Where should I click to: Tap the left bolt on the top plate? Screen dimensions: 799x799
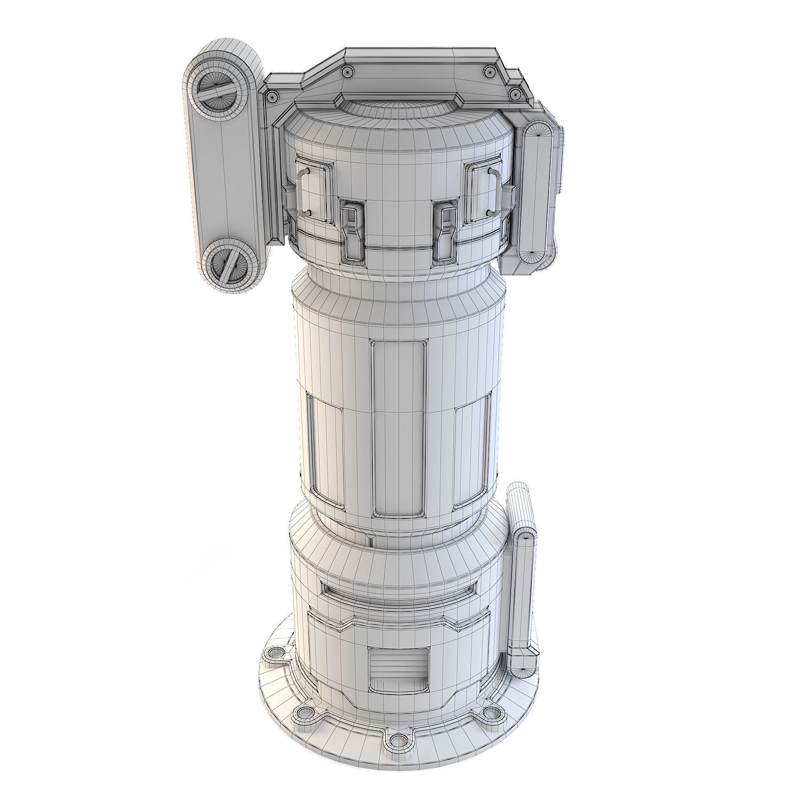coord(347,72)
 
